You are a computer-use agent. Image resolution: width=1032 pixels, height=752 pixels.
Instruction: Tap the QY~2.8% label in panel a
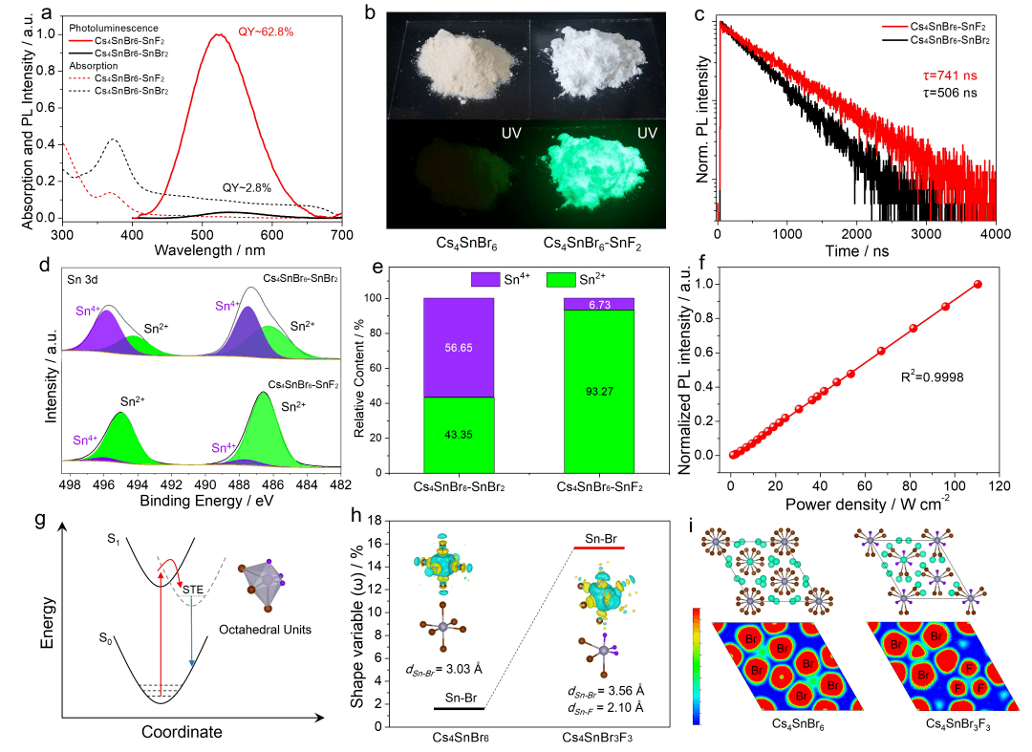246,188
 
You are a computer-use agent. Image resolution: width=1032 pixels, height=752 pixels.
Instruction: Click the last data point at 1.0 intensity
978,284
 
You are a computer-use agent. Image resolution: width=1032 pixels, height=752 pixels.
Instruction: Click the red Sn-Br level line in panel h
597,548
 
